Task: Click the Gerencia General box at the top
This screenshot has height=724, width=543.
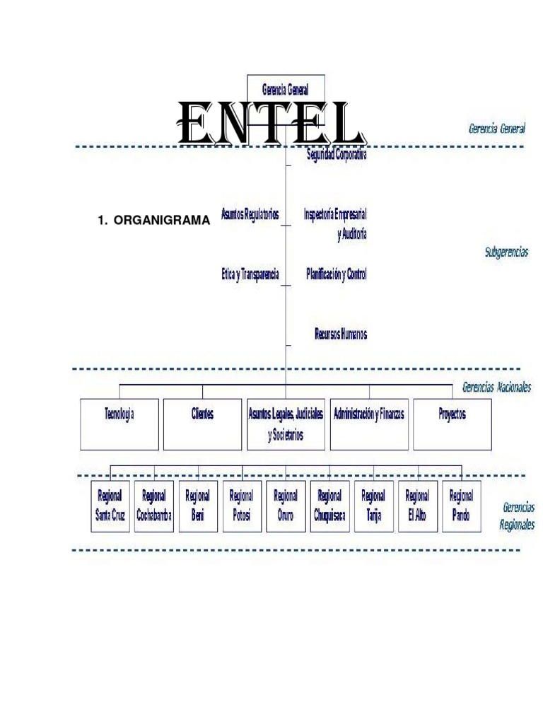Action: pos(285,90)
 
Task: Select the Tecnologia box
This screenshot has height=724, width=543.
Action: pos(119,423)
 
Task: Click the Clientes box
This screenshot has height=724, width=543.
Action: pos(202,423)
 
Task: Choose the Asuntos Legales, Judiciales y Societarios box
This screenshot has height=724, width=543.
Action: pos(286,424)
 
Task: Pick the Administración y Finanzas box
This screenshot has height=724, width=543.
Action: pos(369,423)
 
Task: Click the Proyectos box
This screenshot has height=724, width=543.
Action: pos(452,423)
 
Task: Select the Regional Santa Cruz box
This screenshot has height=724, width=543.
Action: pos(110,506)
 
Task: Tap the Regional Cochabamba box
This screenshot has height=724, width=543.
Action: pos(153,506)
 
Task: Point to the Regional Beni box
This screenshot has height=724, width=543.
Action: pos(197,506)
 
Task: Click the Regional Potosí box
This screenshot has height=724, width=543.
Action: pos(241,506)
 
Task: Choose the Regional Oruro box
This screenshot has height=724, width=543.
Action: pos(286,506)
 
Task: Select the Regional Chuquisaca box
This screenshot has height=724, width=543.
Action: pos(329,506)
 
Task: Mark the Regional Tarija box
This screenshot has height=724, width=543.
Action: pos(373,506)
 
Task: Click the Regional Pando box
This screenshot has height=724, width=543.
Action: pos(461,506)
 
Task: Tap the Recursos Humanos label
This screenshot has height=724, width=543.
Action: pos(340,334)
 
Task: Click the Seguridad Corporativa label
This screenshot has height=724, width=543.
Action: pos(337,154)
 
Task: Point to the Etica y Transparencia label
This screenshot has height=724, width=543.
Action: pos(250,274)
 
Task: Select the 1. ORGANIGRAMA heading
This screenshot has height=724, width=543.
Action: pos(153,221)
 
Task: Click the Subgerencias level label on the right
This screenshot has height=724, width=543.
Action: pos(506,252)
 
